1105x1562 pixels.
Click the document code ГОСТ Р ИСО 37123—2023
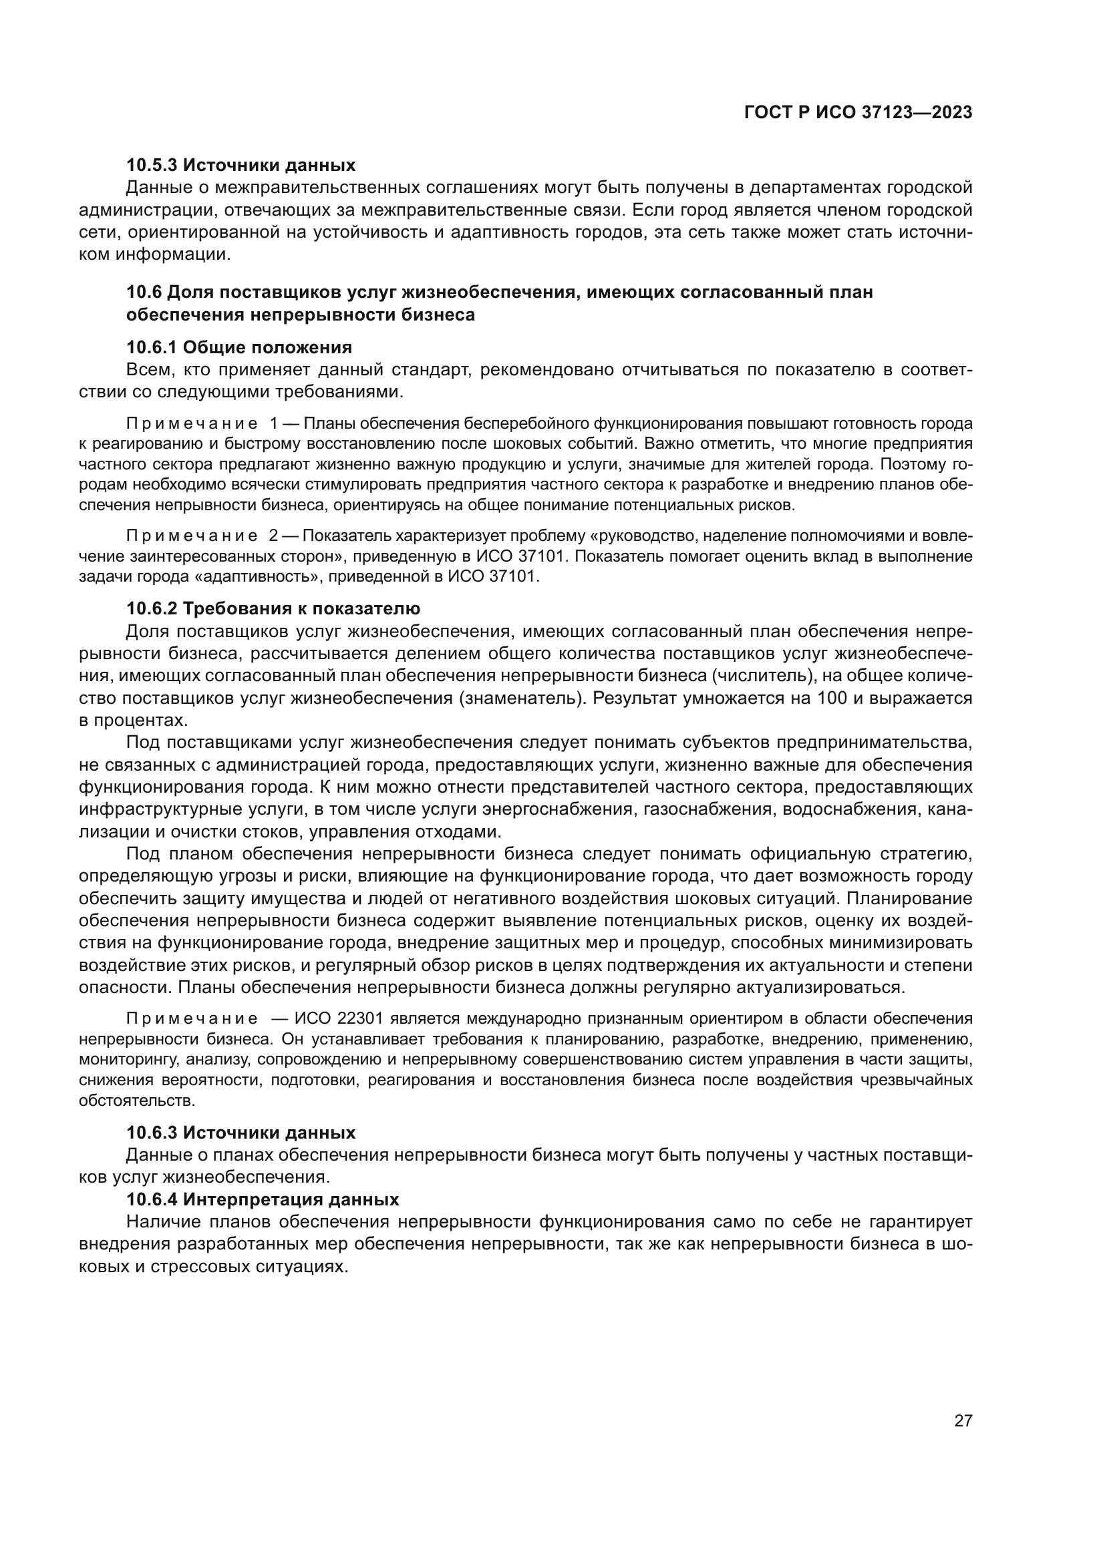coord(858,113)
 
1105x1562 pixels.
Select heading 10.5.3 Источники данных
coord(241,166)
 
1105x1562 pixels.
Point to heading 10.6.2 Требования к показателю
coord(273,608)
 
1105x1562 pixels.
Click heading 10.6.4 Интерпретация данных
coord(263,1199)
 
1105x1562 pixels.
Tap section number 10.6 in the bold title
coord(144,292)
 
